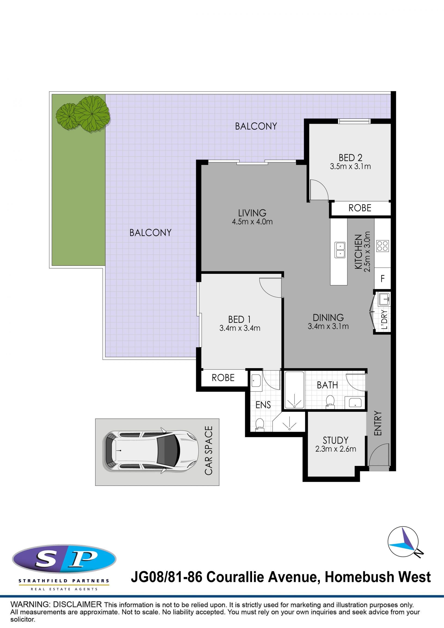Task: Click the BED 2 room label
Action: (x=350, y=158)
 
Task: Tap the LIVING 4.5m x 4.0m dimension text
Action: (x=252, y=222)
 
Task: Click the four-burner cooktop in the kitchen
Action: (x=382, y=246)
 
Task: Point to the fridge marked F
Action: (x=382, y=278)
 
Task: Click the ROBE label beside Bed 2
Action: (x=360, y=208)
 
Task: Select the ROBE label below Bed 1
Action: (x=223, y=378)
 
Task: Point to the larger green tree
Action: (x=92, y=113)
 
